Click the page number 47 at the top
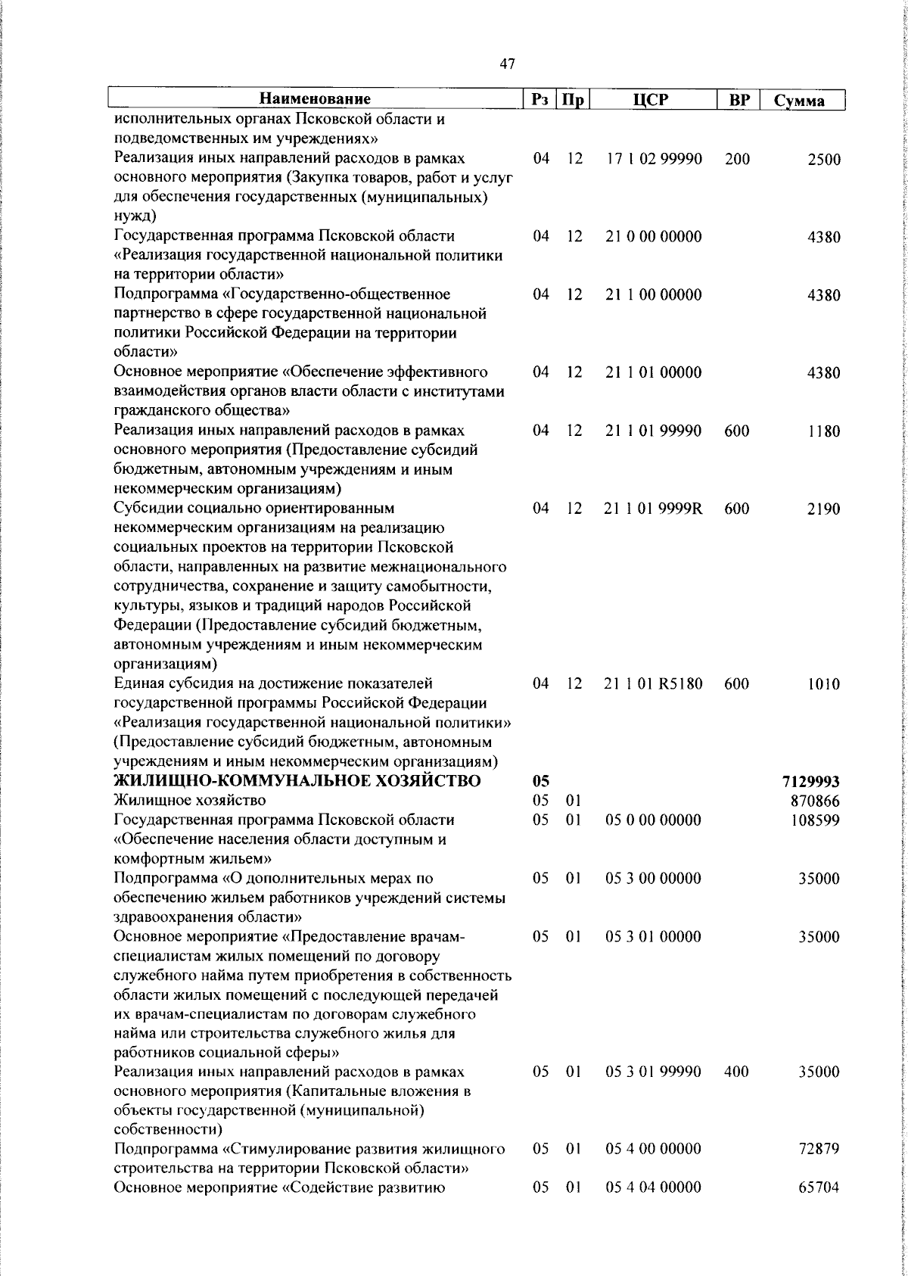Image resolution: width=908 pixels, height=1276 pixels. coord(508,65)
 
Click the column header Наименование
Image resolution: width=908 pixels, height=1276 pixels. coord(315,99)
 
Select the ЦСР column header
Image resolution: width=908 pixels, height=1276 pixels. coord(653,99)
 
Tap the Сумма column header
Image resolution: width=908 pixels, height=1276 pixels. coord(799,101)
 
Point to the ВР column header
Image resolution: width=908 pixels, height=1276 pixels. coord(737,99)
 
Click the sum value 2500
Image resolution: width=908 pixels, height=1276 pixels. coord(823,160)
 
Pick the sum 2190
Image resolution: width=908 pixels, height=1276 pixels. coord(823,509)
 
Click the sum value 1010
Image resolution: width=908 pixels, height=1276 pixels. coord(823,684)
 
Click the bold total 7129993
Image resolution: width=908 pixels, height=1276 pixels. coord(813,781)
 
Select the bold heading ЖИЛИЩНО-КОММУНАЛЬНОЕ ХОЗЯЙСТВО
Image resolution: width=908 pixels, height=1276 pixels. coord(297,780)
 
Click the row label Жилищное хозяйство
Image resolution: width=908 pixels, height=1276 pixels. coord(190,800)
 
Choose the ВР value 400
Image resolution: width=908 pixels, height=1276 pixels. coord(736,1072)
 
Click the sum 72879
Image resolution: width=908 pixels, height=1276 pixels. coord(819,1170)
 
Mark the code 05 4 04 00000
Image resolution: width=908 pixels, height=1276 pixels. coord(653,1208)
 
